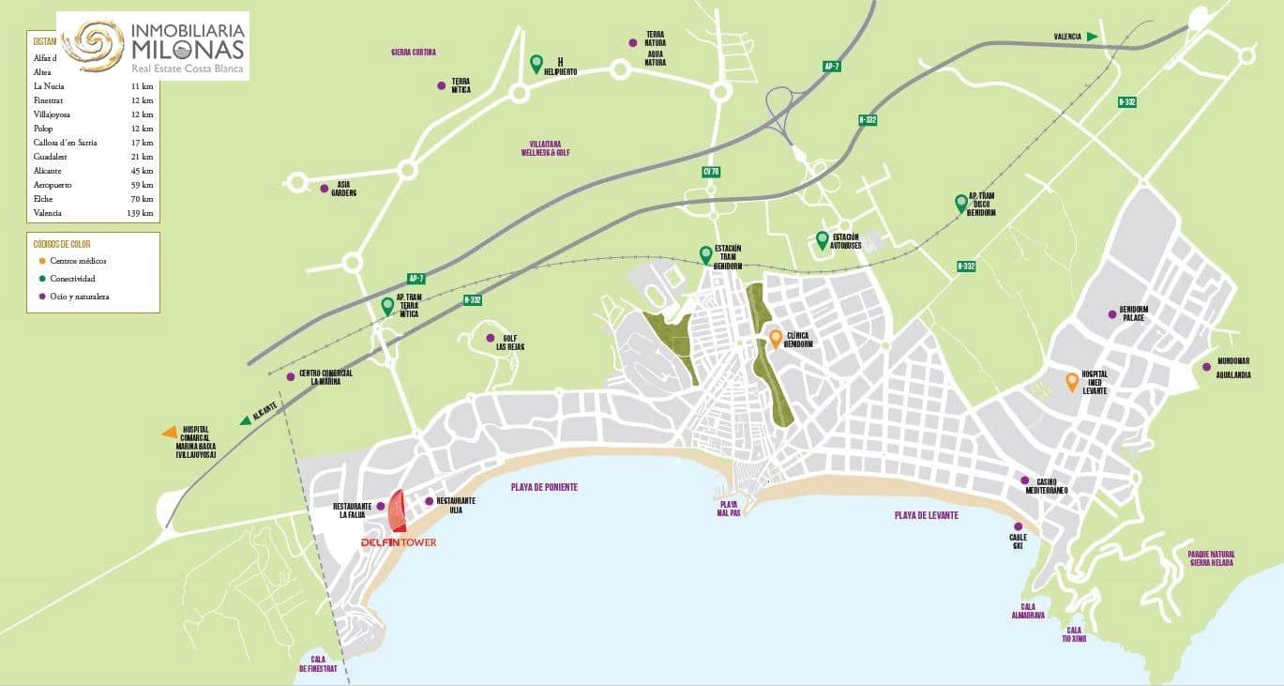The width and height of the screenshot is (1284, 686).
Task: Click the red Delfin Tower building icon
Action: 398,511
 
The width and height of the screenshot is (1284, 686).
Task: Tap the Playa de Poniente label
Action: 544,487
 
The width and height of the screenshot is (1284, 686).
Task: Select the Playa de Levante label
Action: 926,515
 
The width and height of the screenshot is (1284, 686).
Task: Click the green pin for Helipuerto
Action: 536,63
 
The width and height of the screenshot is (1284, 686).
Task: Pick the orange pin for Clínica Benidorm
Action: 776,338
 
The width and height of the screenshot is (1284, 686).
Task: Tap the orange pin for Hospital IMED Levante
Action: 1071,381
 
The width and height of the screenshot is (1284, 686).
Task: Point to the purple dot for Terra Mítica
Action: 441,85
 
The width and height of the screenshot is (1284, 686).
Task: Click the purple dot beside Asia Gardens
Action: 324,189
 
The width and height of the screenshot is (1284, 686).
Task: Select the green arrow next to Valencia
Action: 1093,37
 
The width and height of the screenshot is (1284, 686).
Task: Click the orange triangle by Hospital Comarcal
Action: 170,432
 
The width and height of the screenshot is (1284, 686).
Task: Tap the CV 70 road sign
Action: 710,172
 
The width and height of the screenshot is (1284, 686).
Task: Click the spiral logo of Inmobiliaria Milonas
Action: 93,44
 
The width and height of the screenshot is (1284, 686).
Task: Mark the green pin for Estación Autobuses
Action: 822,239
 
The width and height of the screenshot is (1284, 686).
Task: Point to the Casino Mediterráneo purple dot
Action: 1025,480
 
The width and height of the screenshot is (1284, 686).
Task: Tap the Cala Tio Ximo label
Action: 1073,634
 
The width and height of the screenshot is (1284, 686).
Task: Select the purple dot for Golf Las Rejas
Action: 490,338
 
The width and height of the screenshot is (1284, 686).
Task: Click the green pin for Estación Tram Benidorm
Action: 705,253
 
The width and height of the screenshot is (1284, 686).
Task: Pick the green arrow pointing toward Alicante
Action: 246,420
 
